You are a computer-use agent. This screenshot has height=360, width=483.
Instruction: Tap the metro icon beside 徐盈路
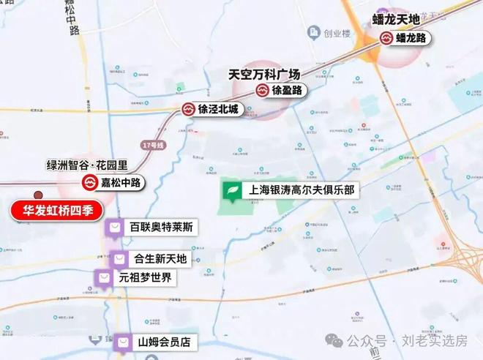pyautogui.click(x=263, y=91)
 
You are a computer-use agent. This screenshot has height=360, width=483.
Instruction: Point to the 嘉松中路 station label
pyautogui.click(x=124, y=182)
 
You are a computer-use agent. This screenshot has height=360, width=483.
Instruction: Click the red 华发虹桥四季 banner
pyautogui.click(x=55, y=211)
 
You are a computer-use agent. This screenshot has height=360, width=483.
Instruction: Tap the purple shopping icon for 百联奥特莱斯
pyautogui.click(x=115, y=228)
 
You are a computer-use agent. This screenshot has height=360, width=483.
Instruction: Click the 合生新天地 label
pyautogui.click(x=160, y=259)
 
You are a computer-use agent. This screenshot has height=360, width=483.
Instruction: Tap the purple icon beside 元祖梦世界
pyautogui.click(x=105, y=278)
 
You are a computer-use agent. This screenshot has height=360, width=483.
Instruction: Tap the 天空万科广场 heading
pyautogui.click(x=266, y=74)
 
